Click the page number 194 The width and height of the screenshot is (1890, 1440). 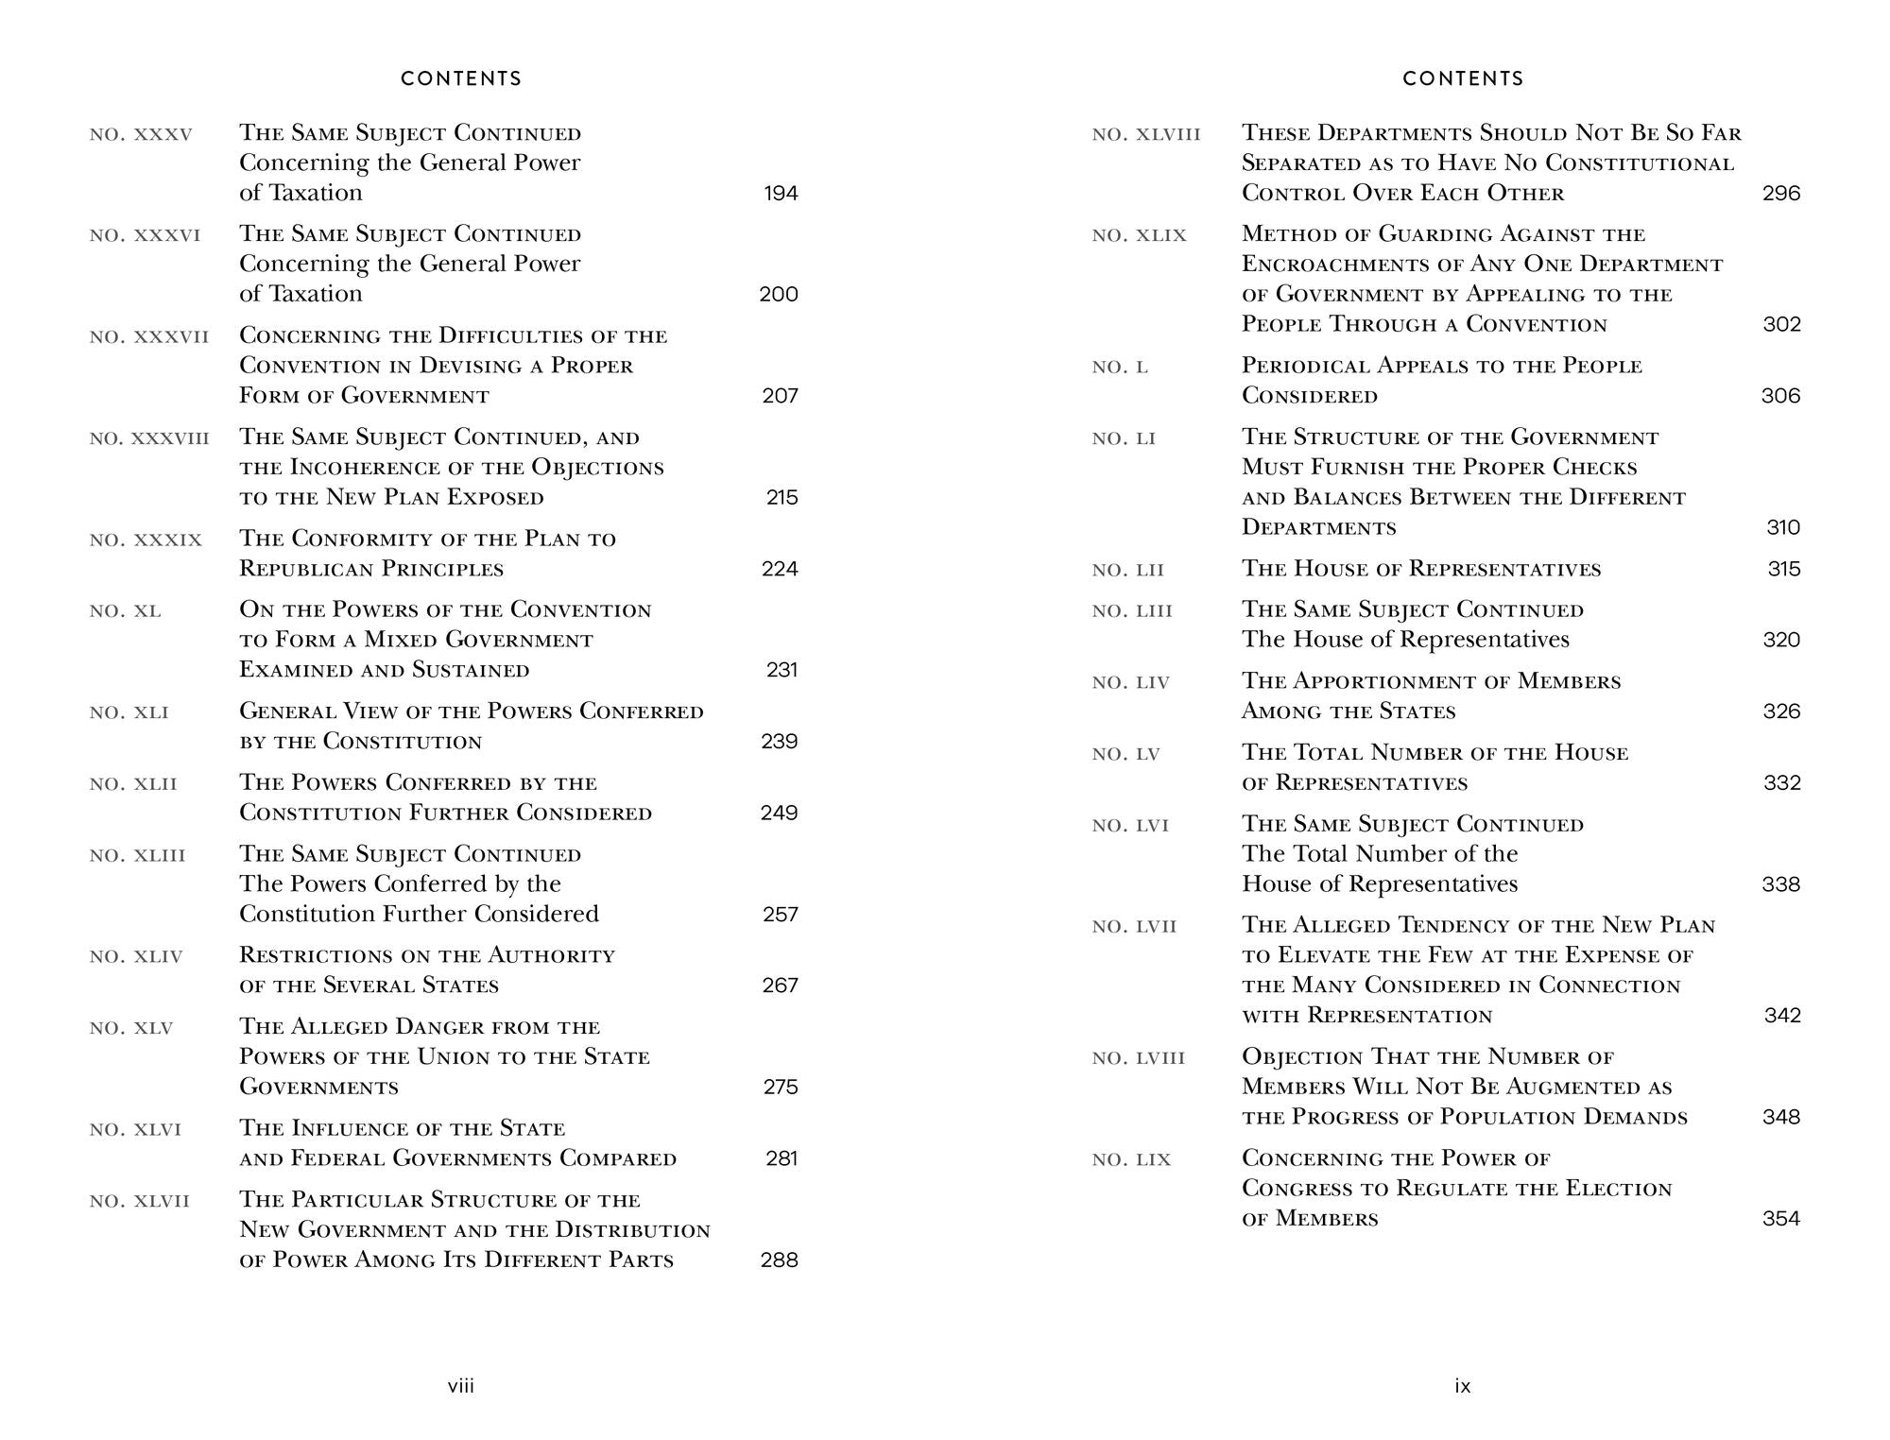click(781, 194)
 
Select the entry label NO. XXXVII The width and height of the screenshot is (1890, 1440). click(149, 336)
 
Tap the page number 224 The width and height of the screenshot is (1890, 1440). click(780, 569)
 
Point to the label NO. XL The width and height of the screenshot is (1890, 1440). click(126, 611)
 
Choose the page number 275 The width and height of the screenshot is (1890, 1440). click(781, 1087)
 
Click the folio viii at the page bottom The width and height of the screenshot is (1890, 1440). click(461, 1386)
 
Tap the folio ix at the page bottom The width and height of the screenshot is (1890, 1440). click(1463, 1386)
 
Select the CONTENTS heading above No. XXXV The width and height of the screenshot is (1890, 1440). click(461, 78)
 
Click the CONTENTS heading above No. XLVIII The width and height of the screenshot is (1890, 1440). click(1463, 78)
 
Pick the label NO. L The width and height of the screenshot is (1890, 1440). click(1120, 367)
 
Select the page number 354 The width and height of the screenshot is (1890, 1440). click(1781, 1219)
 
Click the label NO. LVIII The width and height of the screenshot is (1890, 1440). click(1138, 1058)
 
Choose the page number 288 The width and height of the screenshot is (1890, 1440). click(780, 1260)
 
